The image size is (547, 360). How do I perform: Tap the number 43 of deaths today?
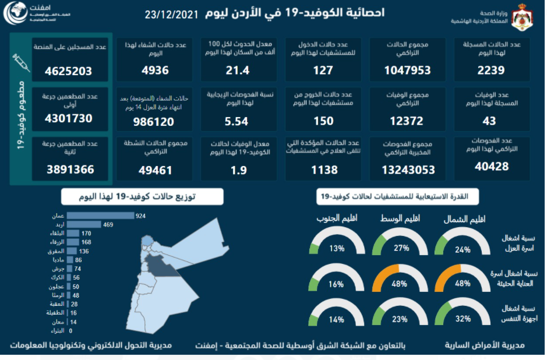(x=490, y=121)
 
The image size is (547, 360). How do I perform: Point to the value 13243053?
(x=408, y=170)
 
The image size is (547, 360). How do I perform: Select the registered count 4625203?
(x=69, y=72)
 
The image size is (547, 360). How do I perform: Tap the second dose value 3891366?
(x=70, y=170)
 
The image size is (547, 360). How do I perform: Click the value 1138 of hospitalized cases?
(x=324, y=170)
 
